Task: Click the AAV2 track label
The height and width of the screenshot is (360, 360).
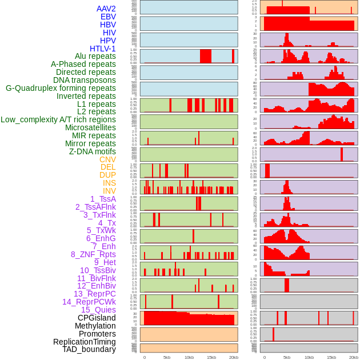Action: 106,9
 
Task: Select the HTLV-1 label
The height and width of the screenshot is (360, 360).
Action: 103,49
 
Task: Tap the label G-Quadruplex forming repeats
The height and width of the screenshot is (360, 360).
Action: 61,89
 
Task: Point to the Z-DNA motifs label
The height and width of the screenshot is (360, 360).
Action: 92,151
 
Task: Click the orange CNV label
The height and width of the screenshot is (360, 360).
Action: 107,159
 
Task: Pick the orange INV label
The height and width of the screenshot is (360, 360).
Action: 109,191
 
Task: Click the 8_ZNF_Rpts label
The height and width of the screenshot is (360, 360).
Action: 93,254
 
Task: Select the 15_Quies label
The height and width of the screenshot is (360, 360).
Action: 98,310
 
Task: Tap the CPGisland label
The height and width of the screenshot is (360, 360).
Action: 97,318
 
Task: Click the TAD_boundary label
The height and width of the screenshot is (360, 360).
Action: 89,349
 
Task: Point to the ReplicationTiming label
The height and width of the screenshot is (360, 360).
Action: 84,342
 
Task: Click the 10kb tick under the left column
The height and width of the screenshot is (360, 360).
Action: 189,357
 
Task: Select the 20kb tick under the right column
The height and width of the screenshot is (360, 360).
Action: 354,357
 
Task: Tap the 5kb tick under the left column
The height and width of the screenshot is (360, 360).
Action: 167,357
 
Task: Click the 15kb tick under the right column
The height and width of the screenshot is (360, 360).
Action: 331,357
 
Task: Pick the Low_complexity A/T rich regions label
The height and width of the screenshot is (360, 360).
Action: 58,119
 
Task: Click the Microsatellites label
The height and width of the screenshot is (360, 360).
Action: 90,127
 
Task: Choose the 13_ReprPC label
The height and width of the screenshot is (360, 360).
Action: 94,294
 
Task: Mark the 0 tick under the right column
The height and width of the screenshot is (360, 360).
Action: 264,357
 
